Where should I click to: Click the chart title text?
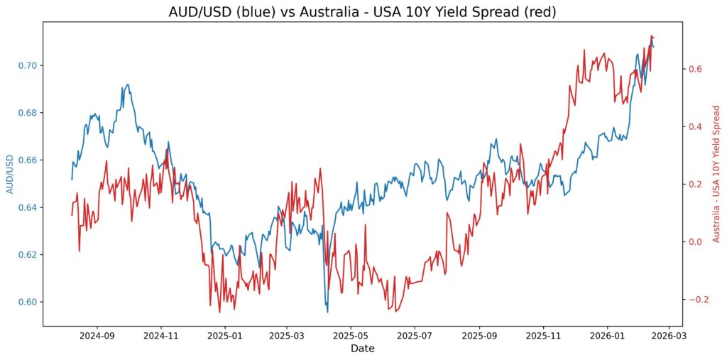point(363,11)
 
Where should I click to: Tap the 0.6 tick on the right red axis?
point(696,69)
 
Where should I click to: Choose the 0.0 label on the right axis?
point(696,241)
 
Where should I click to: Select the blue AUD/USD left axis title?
point(10,174)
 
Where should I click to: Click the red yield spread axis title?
point(716,174)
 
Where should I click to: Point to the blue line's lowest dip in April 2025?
point(327,311)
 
